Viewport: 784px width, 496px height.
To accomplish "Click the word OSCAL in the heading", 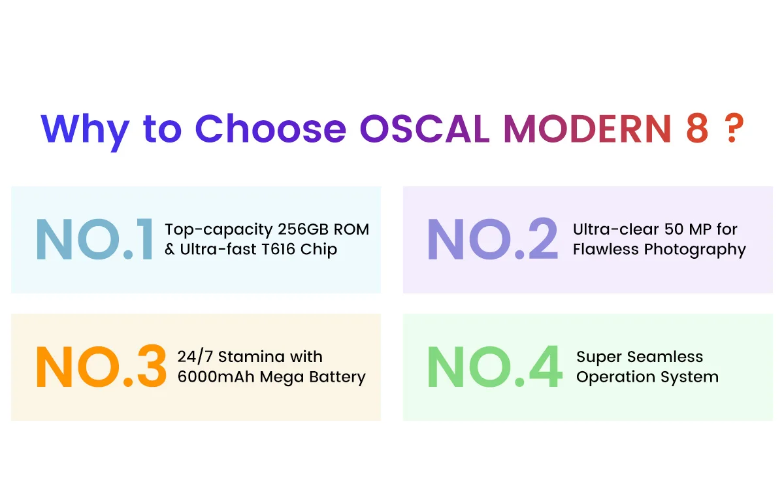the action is point(425,129).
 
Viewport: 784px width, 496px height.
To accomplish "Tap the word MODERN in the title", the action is point(587,129).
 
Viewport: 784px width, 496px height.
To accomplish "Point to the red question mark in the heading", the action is point(734,128).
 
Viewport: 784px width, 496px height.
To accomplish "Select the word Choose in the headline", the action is point(270,129).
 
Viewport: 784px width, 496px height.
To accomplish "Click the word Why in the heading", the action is point(85,133).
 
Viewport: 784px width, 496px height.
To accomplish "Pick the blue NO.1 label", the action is point(95,239).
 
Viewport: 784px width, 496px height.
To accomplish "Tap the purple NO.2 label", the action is point(493,239).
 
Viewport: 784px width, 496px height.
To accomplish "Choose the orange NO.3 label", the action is point(101,366).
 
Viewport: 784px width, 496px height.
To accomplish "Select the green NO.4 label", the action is point(495,366).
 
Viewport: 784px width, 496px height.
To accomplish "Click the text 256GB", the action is point(303,229).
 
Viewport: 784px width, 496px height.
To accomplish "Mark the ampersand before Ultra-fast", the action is point(170,249).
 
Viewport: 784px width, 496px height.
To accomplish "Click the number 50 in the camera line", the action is point(674,229).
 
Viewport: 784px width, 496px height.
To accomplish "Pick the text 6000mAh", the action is point(216,377).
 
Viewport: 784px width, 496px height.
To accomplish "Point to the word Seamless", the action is point(665,357).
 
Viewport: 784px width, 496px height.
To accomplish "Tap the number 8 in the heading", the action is point(697,129).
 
